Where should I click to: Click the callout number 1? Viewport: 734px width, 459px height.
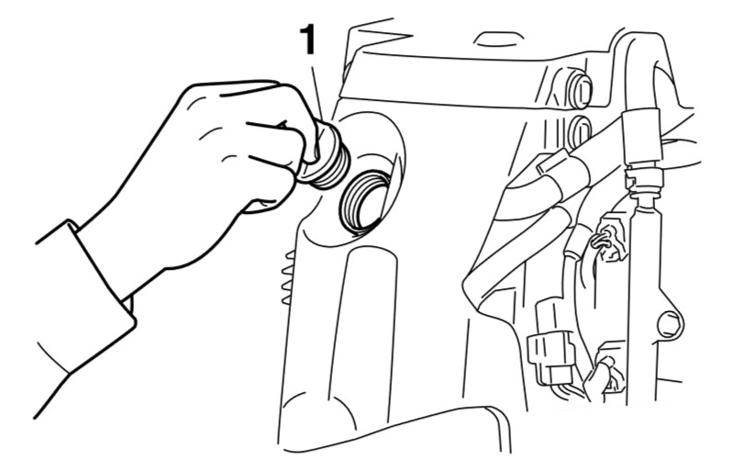[307, 39]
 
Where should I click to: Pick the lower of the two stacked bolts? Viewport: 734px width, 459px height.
[580, 131]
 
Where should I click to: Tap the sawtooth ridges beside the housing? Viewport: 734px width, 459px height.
[287, 278]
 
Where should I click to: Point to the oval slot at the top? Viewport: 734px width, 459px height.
[497, 39]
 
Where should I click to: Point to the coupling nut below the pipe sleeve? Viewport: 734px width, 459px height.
[644, 180]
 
